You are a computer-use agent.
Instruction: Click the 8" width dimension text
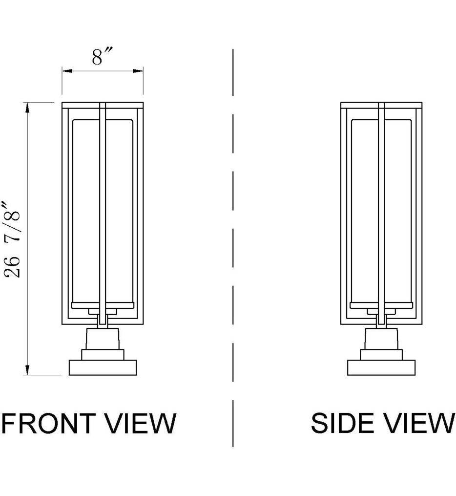[103, 57]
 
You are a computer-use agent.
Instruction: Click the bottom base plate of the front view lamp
[103, 367]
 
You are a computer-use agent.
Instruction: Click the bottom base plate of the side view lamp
[381, 367]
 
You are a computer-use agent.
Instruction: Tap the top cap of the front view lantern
[103, 105]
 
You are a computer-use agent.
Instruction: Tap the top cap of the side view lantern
[381, 105]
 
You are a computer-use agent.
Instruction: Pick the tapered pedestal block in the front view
[103, 339]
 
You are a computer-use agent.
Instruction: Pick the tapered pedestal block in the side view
[381, 339]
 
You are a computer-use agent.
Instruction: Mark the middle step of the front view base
[103, 354]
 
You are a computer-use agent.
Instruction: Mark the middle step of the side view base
[381, 354]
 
